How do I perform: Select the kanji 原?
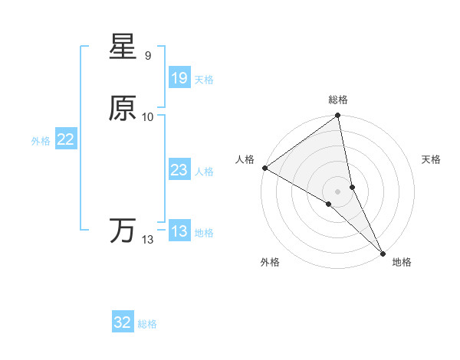coord(123,109)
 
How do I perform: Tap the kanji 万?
coord(123,231)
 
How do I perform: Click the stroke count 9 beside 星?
coord(147,56)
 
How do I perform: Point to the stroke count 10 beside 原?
coord(148,116)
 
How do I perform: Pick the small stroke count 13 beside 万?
coord(147,240)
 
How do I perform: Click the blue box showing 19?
coord(179,77)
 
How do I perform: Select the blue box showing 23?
coord(179,170)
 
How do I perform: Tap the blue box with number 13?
coord(179,231)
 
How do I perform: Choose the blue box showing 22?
coord(65,139)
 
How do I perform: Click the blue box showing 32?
coord(123,322)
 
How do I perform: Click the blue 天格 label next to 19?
coord(204,79)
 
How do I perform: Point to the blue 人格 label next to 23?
coord(204,172)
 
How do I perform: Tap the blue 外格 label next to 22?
coord(41,141)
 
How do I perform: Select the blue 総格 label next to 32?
coord(148,324)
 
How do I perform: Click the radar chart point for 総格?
coord(338,116)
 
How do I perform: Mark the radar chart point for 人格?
coord(264,168)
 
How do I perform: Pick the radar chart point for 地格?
coord(382,253)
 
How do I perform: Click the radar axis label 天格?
coord(431,159)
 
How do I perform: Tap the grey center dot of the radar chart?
coord(338,191)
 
